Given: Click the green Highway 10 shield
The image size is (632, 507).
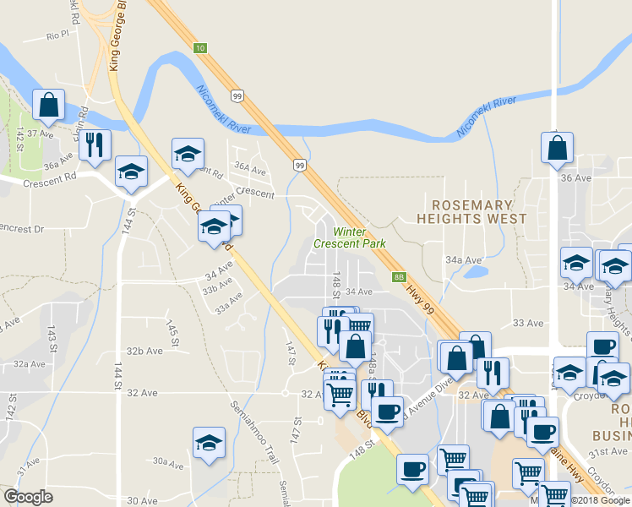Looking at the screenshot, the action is (199, 48).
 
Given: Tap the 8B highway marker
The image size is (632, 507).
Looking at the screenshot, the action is (400, 276).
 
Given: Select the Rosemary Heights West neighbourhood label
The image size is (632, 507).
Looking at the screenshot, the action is (471, 211).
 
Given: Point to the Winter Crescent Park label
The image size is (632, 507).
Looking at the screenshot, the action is (349, 237).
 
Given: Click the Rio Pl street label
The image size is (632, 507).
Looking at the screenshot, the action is (57, 35).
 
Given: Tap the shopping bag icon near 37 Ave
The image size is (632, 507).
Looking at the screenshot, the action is (49, 105).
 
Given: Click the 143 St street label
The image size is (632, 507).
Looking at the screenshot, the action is (52, 338).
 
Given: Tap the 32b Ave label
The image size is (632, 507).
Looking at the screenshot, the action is (144, 351).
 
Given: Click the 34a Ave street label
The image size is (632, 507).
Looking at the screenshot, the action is (463, 260).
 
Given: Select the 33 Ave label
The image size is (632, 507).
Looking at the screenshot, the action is (528, 324).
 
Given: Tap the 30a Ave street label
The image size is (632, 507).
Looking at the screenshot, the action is (167, 461).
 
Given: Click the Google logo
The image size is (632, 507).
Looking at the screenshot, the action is (28, 497).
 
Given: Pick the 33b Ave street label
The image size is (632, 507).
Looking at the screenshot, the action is (217, 288).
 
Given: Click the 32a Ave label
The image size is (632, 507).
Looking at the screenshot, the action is (29, 364).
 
